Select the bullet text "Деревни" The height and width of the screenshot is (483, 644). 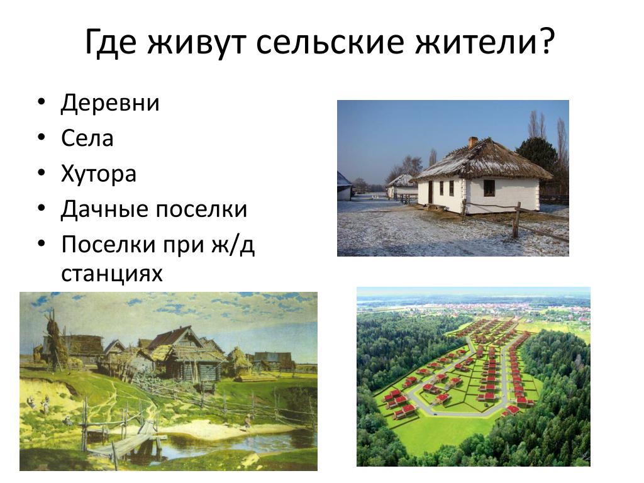coord(110,103)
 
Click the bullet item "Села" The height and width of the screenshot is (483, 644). coord(87,138)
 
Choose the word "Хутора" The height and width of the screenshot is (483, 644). coord(99,174)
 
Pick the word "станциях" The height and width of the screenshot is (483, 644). coord(112,274)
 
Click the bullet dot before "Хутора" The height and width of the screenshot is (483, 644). coord(41,173)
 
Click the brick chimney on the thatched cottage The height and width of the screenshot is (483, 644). coord(473,142)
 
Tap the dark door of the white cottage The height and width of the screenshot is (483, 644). coord(430,192)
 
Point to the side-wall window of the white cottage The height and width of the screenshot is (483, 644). coord(489,187)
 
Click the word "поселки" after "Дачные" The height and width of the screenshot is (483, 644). coord(202,209)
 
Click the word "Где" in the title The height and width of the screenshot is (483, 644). coord(111,42)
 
